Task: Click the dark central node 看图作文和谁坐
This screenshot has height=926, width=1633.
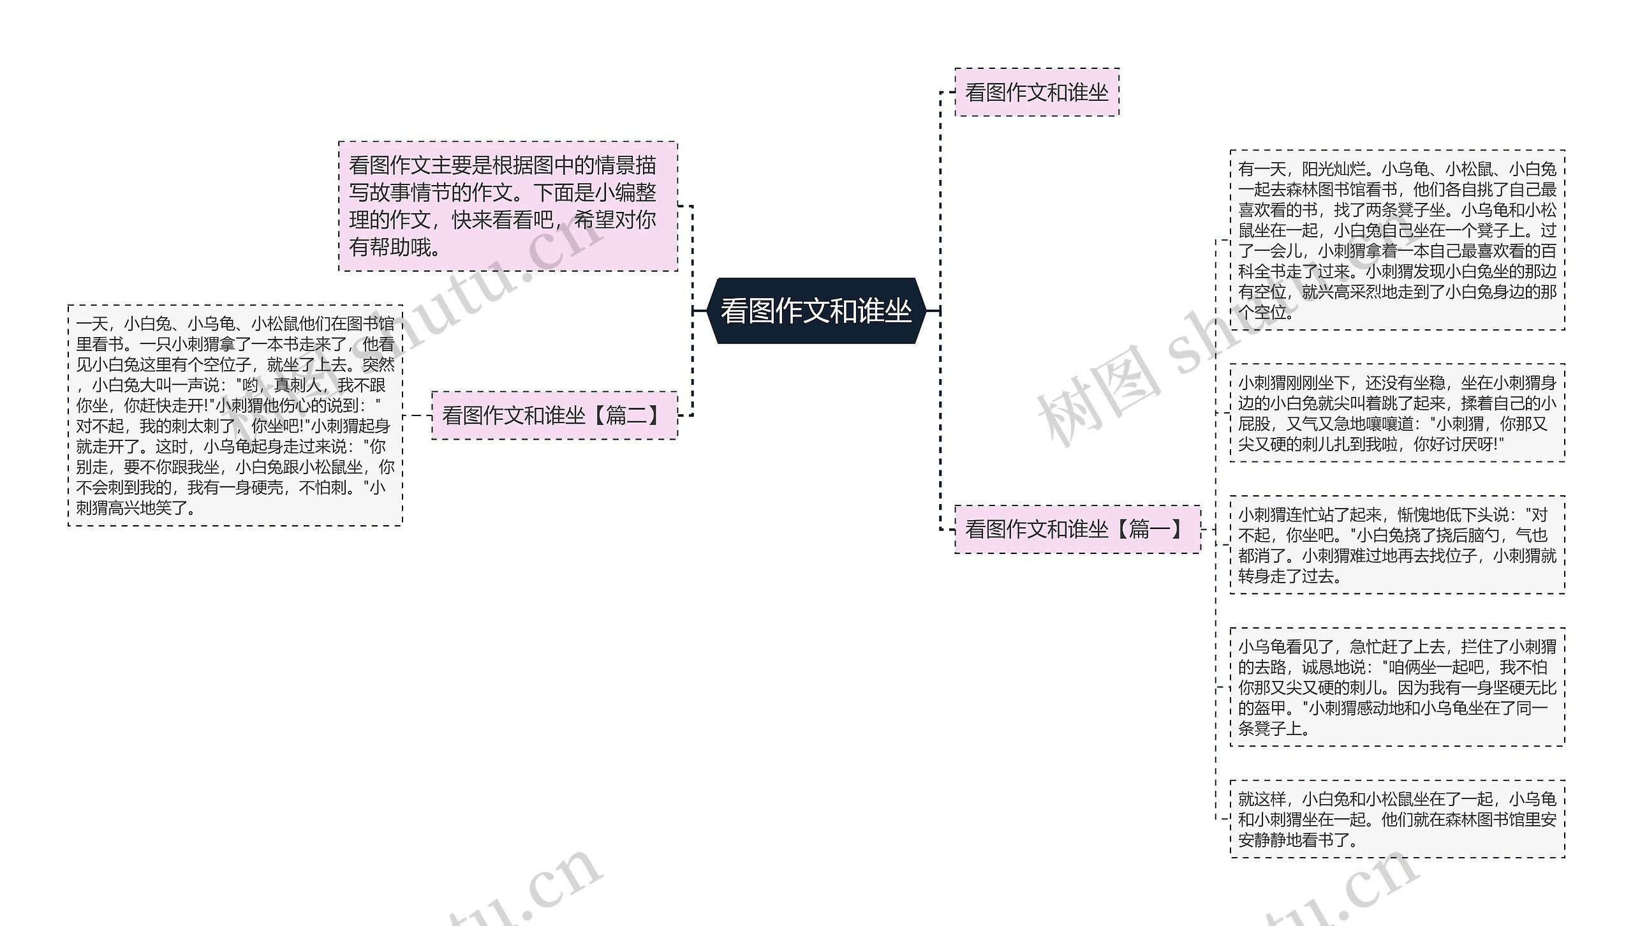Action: click(x=816, y=311)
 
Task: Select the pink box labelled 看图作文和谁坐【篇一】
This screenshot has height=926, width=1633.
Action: click(x=1077, y=529)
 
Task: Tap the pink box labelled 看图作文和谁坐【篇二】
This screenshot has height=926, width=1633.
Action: click(x=554, y=415)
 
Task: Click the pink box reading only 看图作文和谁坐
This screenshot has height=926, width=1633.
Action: click(x=1037, y=93)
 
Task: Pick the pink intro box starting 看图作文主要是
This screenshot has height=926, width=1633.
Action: click(x=507, y=206)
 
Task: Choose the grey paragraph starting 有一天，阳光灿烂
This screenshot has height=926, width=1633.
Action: click(x=1397, y=241)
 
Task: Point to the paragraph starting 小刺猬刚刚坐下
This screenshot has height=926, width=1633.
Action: click(x=1397, y=413)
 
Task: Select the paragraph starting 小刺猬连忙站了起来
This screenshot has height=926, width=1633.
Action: click(x=1397, y=545)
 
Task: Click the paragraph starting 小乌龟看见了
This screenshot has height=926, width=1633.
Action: click(x=1397, y=687)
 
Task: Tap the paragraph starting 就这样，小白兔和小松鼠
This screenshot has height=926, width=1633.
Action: click(x=1397, y=819)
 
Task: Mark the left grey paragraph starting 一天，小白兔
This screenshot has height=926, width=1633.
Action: click(x=235, y=415)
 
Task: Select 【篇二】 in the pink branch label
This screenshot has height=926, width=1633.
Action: click(x=628, y=415)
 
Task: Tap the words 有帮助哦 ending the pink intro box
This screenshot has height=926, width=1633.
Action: click(x=389, y=247)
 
